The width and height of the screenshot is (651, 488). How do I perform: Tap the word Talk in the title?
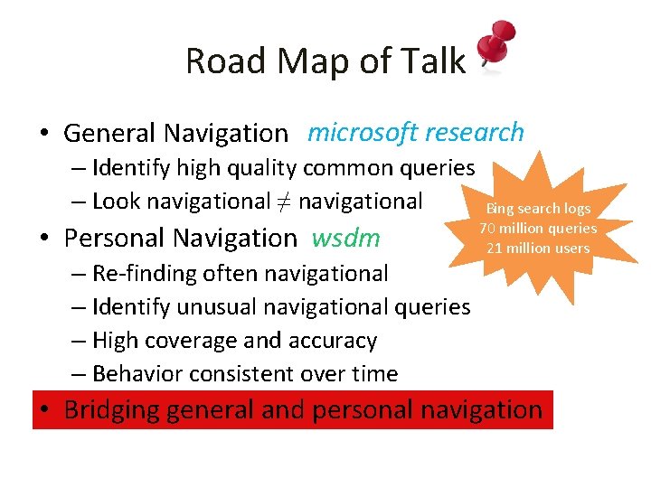point(432,61)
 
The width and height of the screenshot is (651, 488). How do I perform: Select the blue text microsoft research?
point(415,133)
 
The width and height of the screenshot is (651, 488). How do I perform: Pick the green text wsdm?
point(345,238)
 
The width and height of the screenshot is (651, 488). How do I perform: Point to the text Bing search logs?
point(538,209)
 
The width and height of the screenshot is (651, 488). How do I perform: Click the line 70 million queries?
point(538,229)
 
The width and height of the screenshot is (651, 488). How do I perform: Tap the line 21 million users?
point(538,248)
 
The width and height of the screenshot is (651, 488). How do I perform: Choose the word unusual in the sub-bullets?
point(217,307)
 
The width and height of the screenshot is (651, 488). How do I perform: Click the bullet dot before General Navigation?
point(44,135)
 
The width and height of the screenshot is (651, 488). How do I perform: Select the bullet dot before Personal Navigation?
point(44,239)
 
